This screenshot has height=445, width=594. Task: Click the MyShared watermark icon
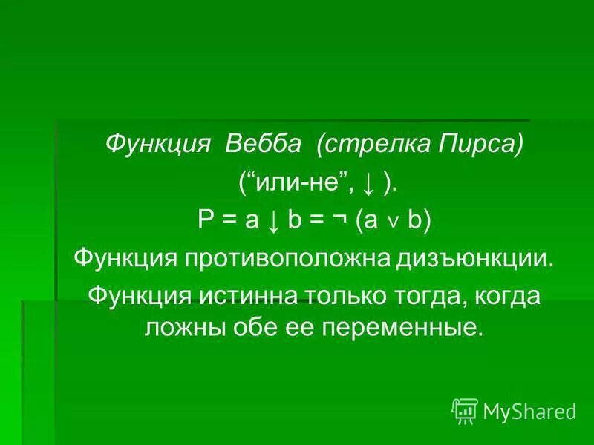(465, 410)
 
